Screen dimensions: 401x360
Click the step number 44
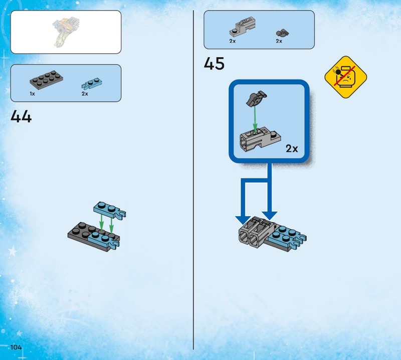point(21,116)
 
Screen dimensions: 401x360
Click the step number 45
point(214,64)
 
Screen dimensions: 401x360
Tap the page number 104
point(16,347)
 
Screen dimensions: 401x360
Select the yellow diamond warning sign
point(345,77)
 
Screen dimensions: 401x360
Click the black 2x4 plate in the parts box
point(46,80)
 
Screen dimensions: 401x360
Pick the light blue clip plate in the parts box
point(92,83)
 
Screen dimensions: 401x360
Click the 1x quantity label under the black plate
point(32,94)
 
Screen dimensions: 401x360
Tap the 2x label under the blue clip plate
point(85,94)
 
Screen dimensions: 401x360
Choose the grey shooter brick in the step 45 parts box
point(243,27)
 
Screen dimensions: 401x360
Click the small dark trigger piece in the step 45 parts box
point(282,33)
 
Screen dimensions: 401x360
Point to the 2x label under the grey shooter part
point(233,41)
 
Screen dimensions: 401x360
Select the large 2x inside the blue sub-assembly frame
point(292,148)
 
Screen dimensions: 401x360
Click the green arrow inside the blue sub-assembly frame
point(255,119)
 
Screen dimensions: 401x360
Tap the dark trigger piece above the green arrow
point(256,98)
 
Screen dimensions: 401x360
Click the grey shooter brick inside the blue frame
point(260,139)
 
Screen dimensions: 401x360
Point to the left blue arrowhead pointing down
point(243,220)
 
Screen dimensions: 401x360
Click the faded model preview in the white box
point(66,32)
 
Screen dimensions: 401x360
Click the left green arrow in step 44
point(102,222)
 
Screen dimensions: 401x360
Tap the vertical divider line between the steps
point(193,180)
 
